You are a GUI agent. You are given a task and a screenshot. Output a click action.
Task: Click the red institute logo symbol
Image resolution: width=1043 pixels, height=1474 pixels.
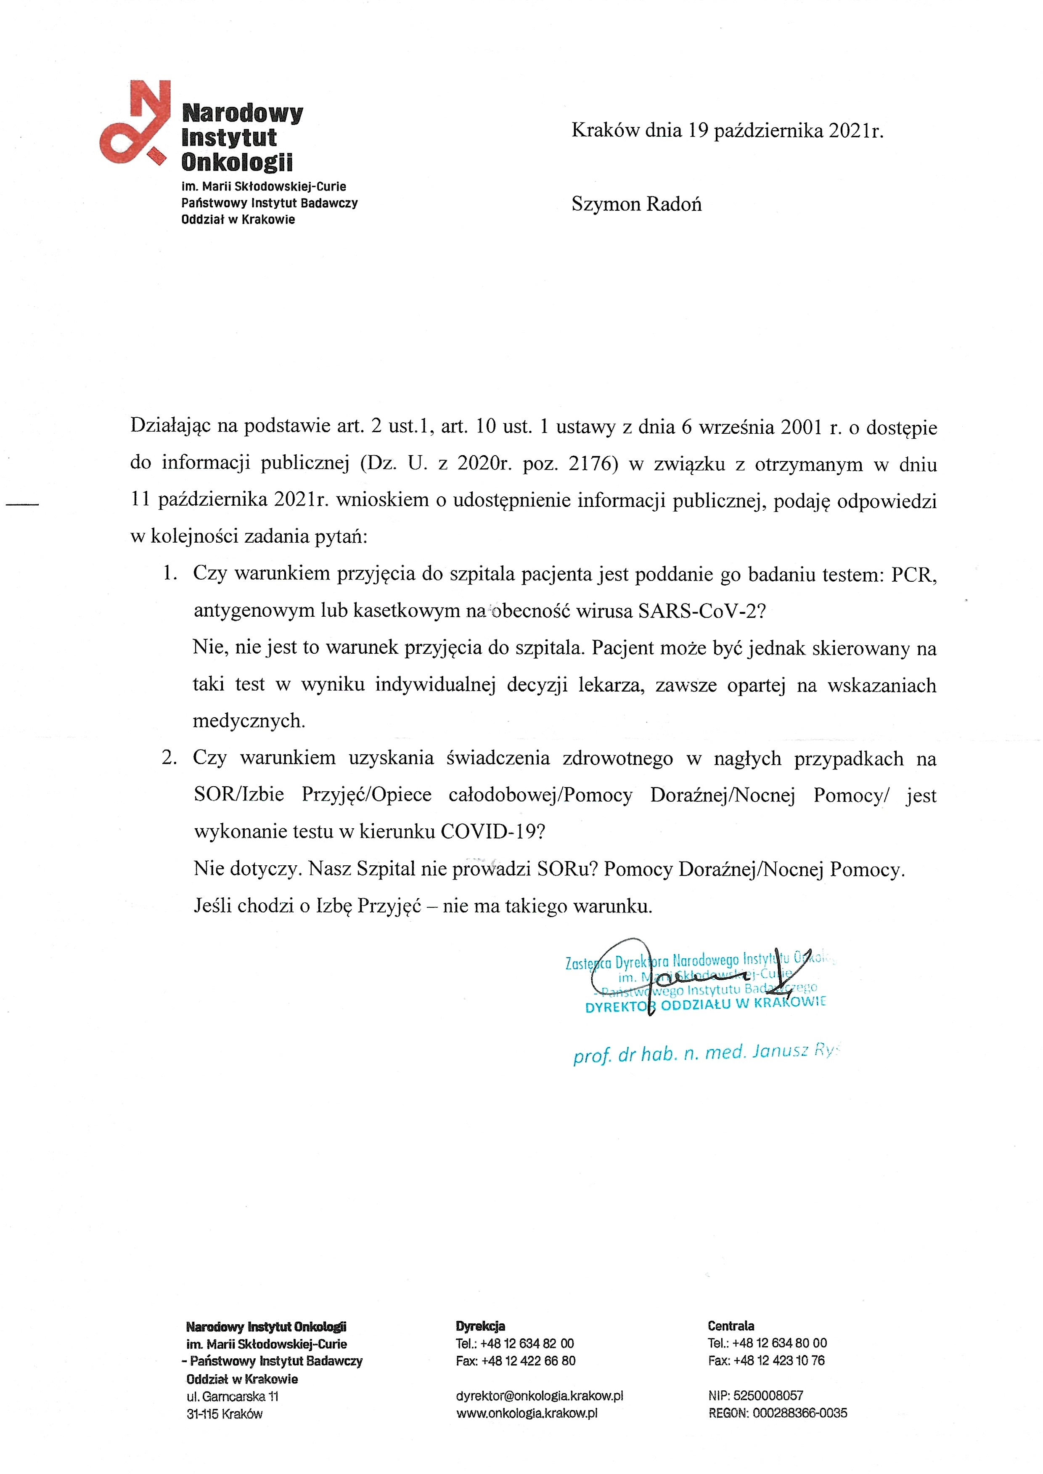pos(135,122)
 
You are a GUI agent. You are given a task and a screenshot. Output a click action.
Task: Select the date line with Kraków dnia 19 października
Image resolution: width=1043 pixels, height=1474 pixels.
pos(727,131)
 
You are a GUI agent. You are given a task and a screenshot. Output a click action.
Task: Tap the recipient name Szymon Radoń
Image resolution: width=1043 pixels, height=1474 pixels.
pos(636,204)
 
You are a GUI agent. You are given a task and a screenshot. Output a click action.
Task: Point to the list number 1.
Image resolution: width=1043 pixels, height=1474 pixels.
pos(169,573)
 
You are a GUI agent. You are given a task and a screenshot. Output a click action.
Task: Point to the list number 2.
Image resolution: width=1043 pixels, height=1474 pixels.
pos(169,758)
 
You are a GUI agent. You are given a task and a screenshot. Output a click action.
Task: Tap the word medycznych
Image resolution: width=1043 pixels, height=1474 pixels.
pos(249,721)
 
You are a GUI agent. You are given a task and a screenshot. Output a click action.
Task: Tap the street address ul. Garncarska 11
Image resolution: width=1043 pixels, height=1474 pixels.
pos(233,1396)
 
